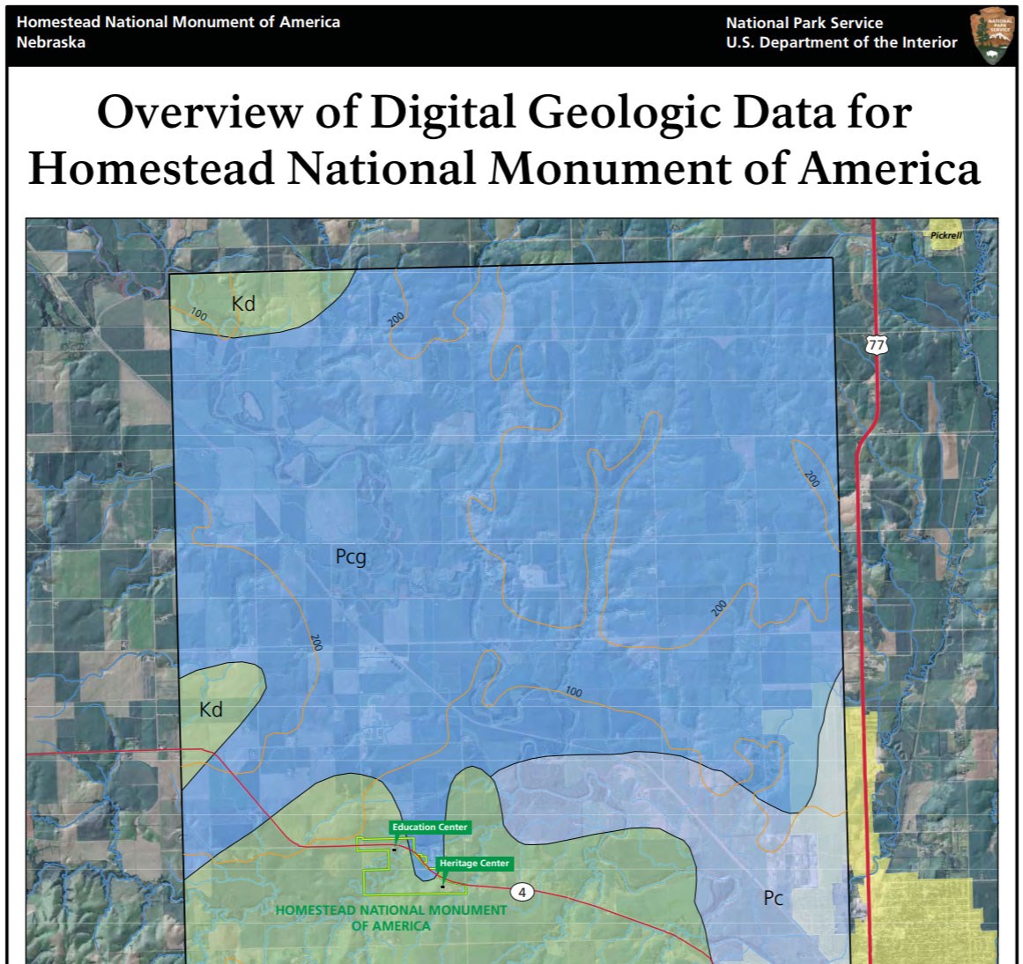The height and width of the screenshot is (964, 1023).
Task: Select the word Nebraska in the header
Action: (x=51, y=42)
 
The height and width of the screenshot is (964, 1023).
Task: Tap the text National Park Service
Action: (x=804, y=23)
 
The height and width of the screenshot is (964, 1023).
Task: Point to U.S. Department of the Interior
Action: (x=841, y=42)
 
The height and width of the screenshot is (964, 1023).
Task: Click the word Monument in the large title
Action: (x=611, y=168)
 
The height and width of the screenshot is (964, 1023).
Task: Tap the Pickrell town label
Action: (x=945, y=235)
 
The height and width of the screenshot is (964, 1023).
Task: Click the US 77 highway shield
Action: (x=875, y=344)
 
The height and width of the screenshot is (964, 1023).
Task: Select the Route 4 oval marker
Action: (x=522, y=893)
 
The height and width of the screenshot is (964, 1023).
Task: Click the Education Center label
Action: (x=430, y=827)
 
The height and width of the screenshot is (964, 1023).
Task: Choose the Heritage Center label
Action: (x=474, y=863)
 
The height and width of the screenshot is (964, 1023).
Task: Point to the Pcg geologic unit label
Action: (x=351, y=556)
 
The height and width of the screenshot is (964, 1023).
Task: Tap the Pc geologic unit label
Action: (x=773, y=898)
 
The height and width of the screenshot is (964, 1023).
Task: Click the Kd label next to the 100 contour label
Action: (x=243, y=304)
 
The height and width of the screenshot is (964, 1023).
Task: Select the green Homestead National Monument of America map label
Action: (x=391, y=917)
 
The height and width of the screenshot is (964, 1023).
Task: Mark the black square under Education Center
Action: (x=395, y=850)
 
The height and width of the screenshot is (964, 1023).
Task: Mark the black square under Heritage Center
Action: (x=442, y=886)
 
